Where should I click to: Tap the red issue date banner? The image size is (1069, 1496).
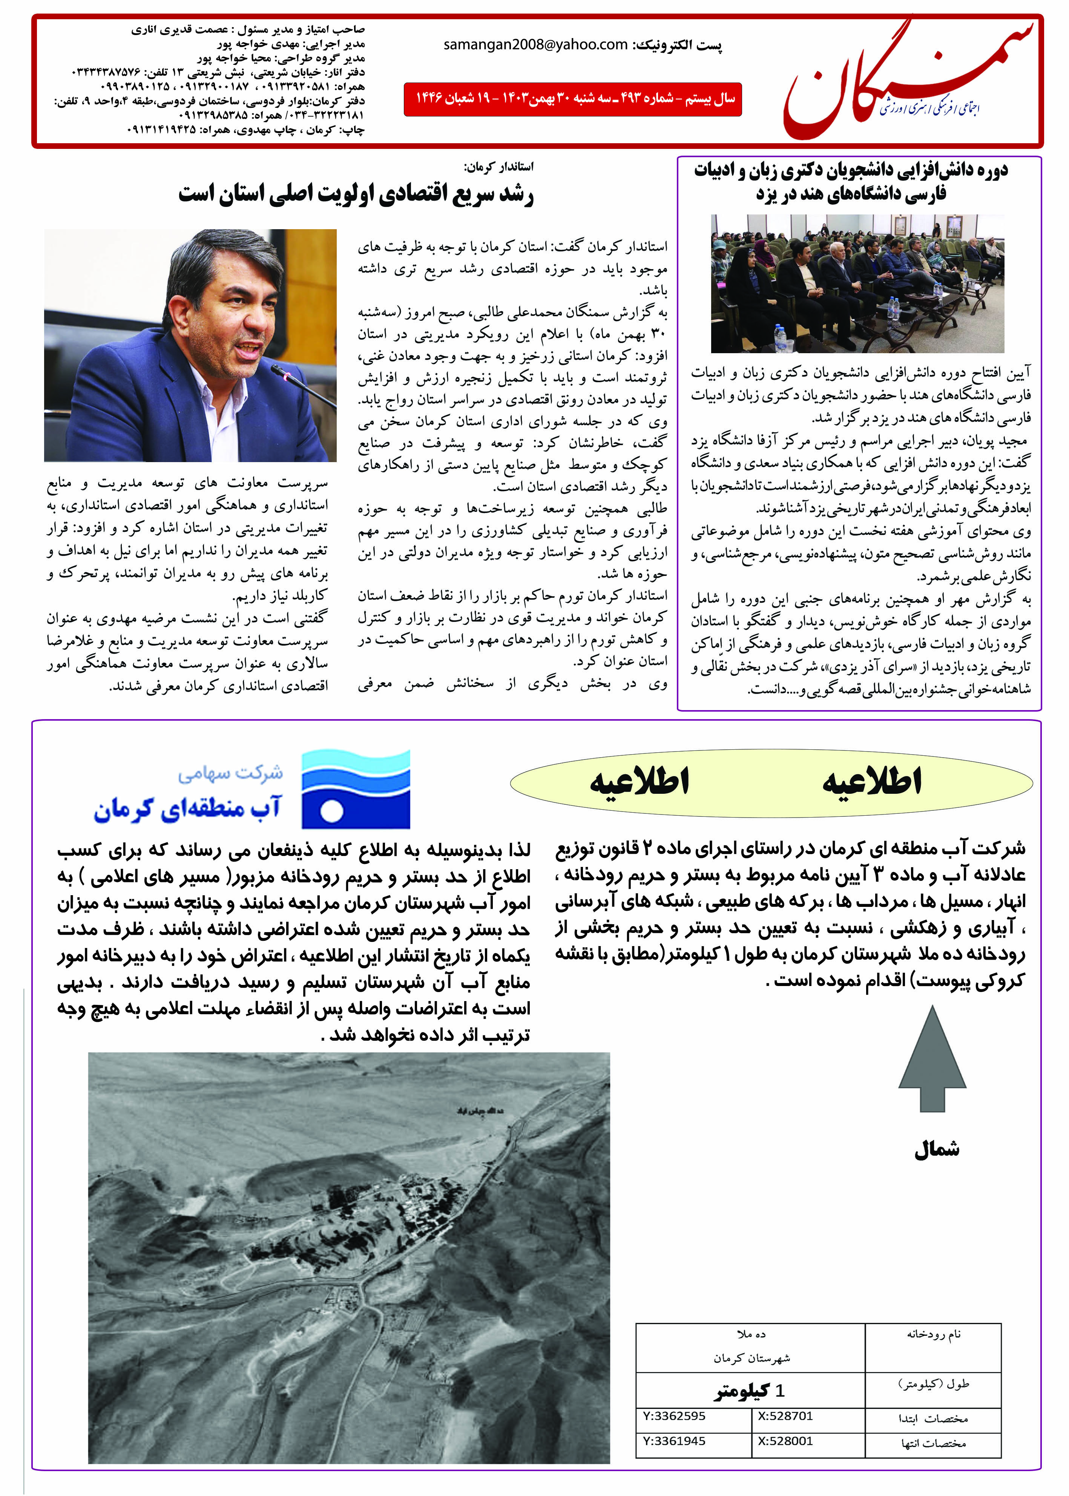click(573, 100)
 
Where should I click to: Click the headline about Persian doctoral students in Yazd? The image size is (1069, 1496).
click(850, 182)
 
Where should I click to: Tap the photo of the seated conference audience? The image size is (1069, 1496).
click(857, 283)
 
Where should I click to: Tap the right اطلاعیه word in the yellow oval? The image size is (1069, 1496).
click(871, 782)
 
